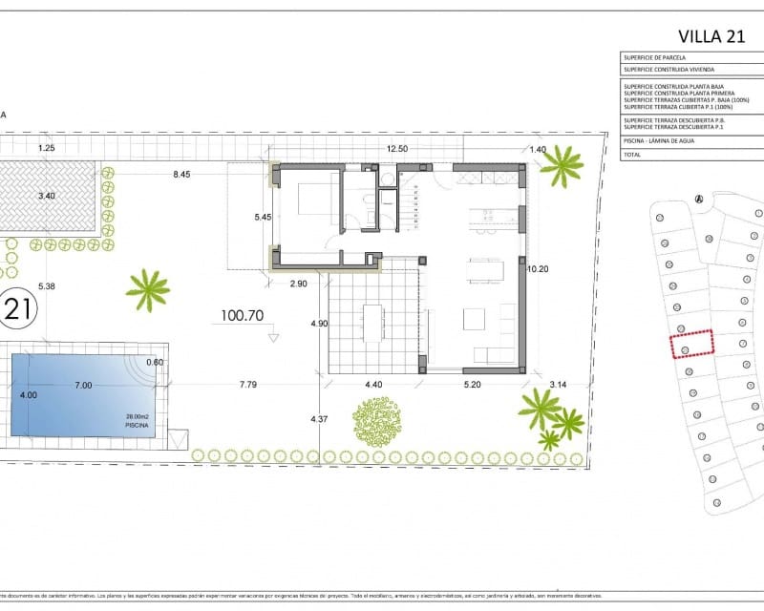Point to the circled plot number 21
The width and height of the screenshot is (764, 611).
[16, 307]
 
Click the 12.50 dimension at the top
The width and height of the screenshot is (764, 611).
[397, 148]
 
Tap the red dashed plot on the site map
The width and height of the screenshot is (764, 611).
[691, 343]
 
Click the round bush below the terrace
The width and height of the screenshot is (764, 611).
[378, 421]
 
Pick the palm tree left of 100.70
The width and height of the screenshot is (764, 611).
[148, 288]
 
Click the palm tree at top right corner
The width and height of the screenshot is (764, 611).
[562, 165]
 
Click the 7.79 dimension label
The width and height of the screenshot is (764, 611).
[251, 385]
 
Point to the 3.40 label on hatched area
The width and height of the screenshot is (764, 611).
[47, 197]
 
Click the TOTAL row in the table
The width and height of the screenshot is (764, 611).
[635, 153]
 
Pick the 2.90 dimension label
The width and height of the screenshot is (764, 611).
[299, 284]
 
